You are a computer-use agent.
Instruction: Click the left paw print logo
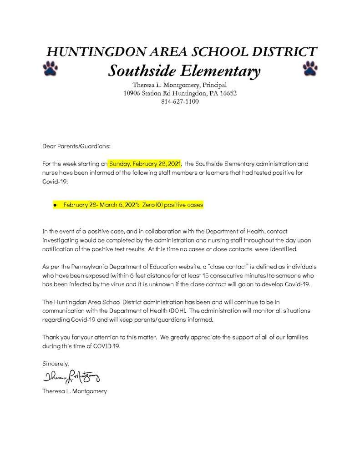click(x=50, y=68)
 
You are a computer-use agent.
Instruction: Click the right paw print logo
click(x=310, y=68)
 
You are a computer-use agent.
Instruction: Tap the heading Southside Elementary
click(x=184, y=71)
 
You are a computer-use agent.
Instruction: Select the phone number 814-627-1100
click(x=180, y=101)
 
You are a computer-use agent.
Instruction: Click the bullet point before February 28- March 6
click(x=55, y=206)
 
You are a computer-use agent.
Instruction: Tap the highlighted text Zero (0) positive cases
click(x=172, y=205)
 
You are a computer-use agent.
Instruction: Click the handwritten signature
click(x=71, y=377)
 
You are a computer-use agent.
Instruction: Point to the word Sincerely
click(x=56, y=364)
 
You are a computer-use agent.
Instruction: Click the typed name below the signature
click(x=75, y=391)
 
